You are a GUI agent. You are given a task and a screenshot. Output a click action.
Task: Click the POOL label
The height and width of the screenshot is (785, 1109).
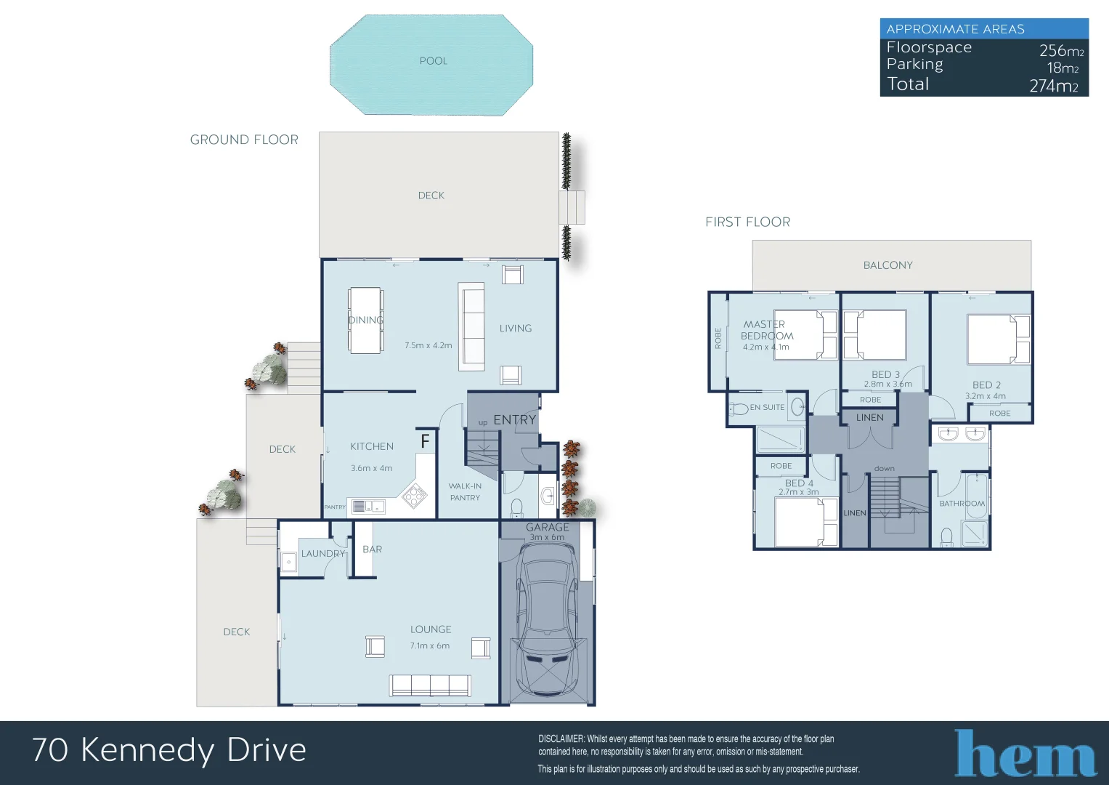pos(433,61)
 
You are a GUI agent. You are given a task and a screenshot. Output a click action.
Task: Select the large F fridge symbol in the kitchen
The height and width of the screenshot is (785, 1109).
pos(426,440)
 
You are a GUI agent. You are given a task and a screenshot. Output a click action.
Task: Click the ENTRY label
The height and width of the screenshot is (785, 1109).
pos(514,420)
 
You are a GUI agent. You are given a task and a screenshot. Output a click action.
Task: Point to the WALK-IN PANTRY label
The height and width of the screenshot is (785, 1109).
pos(465,492)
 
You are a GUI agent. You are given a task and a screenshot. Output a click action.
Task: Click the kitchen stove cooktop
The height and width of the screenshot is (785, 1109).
pos(414,496)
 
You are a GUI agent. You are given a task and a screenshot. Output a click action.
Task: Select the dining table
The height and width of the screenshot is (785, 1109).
pos(365,321)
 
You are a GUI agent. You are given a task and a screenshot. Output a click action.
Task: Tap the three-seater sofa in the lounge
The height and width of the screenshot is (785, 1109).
pos(430,685)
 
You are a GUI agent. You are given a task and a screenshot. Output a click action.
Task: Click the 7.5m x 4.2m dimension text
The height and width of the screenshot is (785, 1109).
pos(428,346)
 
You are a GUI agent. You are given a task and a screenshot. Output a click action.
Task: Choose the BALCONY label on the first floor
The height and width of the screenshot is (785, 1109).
pos(887,265)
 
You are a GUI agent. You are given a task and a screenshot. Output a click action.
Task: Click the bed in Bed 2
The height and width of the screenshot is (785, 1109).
pos(998,339)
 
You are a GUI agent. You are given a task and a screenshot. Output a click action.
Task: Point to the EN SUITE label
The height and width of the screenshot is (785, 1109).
pos(767,408)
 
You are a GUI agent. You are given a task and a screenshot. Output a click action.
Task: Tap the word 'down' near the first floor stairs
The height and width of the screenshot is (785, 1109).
pos(884,469)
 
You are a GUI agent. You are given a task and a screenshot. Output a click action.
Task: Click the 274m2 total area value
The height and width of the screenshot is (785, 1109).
pos(1053,86)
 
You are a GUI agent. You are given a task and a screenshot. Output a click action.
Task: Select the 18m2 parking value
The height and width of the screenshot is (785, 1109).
pos(1062,68)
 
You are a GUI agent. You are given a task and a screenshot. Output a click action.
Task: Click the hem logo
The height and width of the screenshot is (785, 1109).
pos(1025,754)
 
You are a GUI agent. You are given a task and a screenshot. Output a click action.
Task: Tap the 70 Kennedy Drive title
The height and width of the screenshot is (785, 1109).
pos(169,750)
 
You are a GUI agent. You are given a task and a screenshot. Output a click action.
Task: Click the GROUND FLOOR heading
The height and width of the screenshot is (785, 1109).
pos(244,140)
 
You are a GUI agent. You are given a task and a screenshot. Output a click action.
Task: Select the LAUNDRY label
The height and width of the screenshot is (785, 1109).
pos(322,554)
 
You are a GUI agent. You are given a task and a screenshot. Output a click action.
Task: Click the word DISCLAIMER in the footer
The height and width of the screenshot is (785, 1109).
pos(561,739)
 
